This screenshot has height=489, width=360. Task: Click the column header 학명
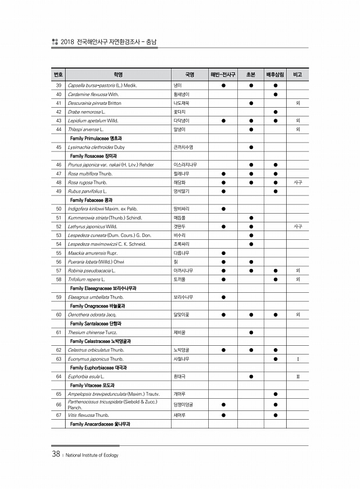pyautogui.click(x=118, y=75)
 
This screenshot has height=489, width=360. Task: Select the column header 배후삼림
pyautogui.click(x=275, y=75)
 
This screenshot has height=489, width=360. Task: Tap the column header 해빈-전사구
pyautogui.click(x=223, y=75)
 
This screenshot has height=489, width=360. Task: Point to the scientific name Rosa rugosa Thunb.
pyautogui.click(x=91, y=182)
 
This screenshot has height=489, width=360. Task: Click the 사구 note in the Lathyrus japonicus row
pyautogui.click(x=298, y=226)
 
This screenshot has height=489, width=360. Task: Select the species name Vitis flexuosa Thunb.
pyautogui.click(x=88, y=415)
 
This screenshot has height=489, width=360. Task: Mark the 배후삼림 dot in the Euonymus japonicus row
pyautogui.click(x=275, y=359)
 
